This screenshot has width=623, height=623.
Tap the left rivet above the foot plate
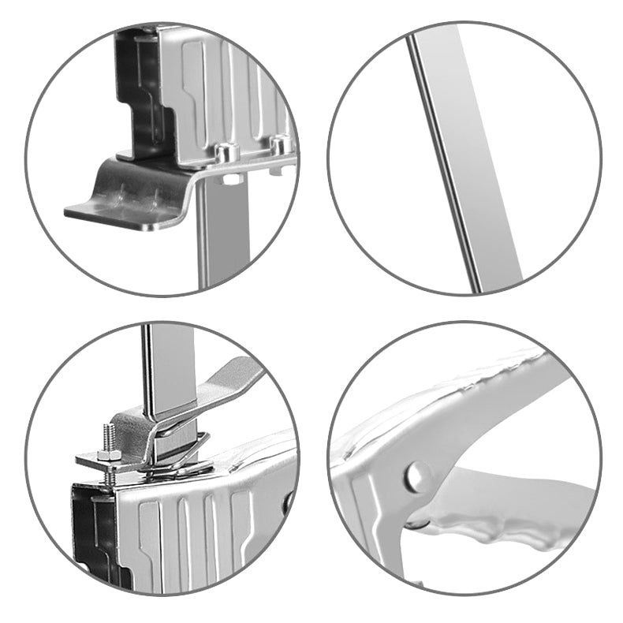(226, 152)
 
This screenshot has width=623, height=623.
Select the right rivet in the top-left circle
(278, 145)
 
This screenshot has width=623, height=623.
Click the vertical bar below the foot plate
(224, 237)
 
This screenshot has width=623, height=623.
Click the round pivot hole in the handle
(416, 476)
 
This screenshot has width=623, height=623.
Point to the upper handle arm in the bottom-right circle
(473, 402)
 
